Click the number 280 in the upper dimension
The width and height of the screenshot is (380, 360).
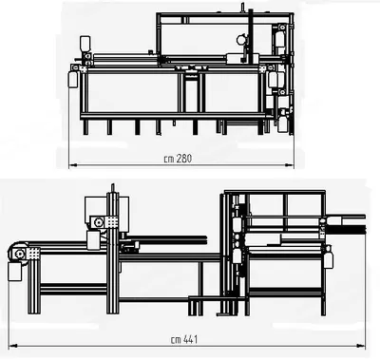tap(184, 158)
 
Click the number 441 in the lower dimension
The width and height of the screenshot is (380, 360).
tap(190, 339)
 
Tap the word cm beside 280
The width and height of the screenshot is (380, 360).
tap(169, 159)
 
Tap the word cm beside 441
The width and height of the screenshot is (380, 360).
tap(176, 340)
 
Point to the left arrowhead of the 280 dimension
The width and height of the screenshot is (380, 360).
tap(72, 164)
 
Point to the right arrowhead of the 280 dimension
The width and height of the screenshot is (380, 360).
tap(290, 164)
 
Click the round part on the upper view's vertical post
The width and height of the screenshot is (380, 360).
tap(241, 39)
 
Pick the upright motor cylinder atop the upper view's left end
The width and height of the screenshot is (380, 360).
tap(85, 44)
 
